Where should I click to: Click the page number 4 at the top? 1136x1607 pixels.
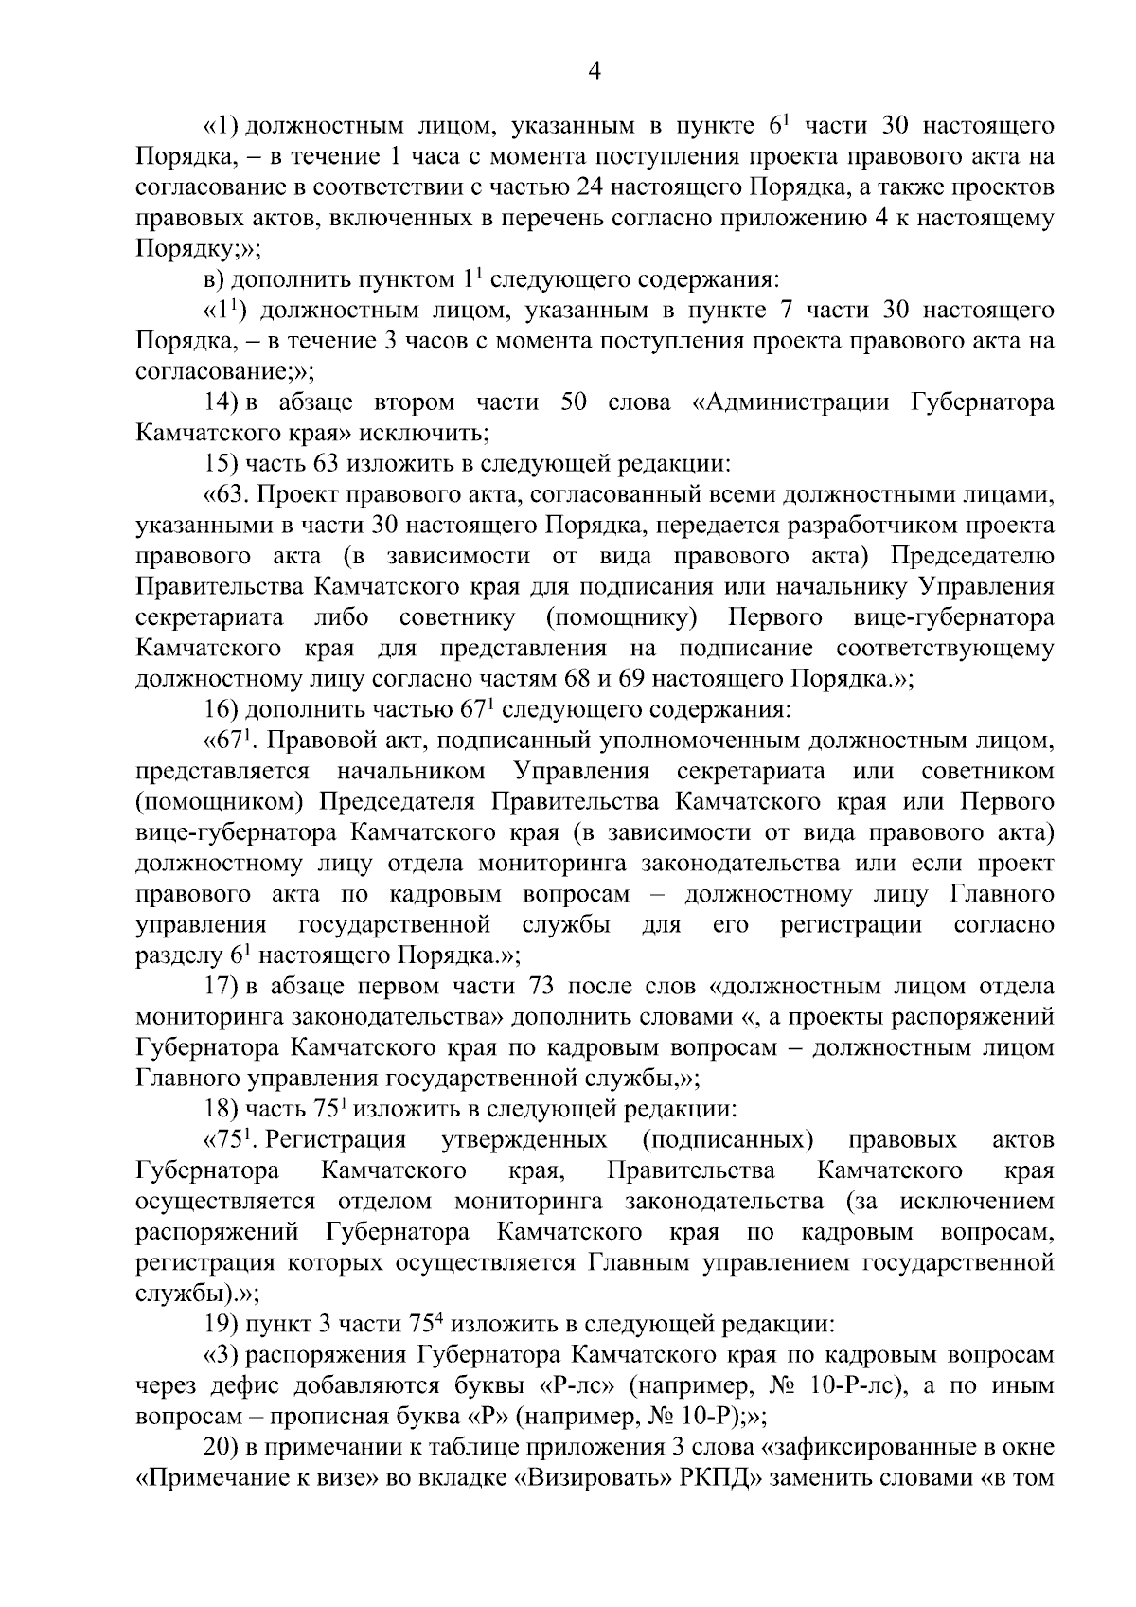[x=595, y=71]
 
